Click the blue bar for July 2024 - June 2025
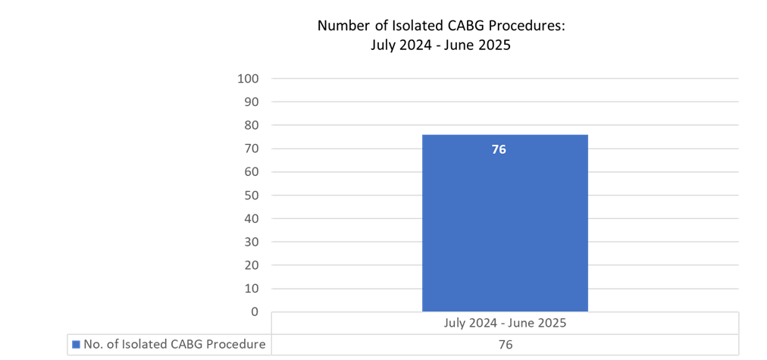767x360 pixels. point(505,227)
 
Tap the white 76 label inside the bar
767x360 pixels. point(499,149)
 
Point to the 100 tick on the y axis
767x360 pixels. point(249,78)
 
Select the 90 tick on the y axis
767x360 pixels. point(251,102)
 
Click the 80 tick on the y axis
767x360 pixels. point(251,125)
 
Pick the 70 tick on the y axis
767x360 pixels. point(251,149)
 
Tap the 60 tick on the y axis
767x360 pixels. point(251,172)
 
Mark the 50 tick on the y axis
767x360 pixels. point(251,196)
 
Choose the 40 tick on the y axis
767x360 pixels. point(251,218)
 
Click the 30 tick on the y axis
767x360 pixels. point(251,242)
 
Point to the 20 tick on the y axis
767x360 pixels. point(251,265)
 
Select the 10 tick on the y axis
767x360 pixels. point(251,289)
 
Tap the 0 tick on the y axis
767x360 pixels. point(255,311)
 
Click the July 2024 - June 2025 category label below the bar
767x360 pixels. point(505,322)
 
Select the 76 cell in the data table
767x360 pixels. point(505,345)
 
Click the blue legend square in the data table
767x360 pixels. point(76,345)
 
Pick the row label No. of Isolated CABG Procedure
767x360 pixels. point(174,345)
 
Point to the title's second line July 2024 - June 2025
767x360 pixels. point(440,45)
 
